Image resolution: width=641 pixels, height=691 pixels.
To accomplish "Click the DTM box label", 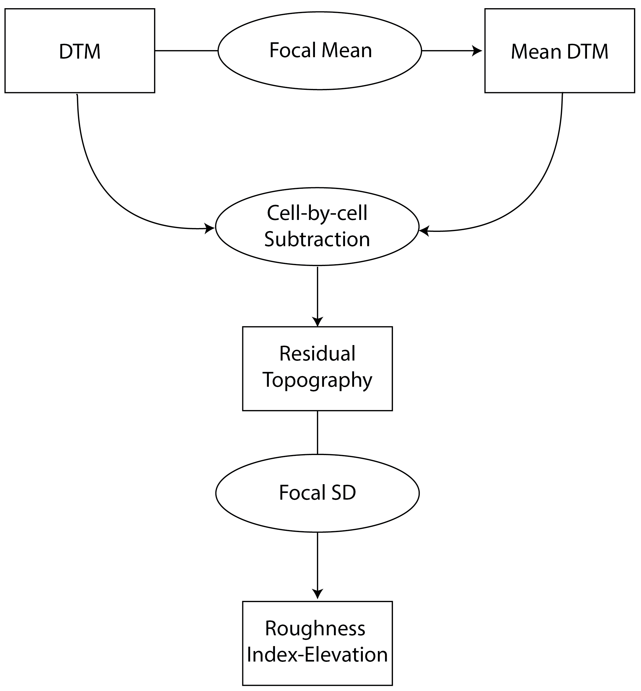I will [80, 52].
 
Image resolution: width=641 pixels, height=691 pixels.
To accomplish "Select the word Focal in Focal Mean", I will [292, 50].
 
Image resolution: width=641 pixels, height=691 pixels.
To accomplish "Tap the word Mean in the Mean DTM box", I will [536, 52].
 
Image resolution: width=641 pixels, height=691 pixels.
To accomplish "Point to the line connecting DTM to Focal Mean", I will [186, 50].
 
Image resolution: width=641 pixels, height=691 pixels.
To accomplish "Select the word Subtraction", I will [317, 239].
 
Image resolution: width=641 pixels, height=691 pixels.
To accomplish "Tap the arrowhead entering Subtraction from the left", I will [210, 228].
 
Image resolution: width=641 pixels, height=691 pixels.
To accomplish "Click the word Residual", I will [317, 354].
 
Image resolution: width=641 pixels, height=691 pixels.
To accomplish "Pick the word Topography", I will [317, 380].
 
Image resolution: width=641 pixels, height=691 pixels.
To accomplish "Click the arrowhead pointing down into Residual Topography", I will [317, 322].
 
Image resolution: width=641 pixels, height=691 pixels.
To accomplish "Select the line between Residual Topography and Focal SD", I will [317, 432].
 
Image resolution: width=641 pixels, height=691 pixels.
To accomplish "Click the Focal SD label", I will [317, 492].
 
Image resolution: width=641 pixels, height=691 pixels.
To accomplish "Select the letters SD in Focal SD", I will [343, 492].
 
